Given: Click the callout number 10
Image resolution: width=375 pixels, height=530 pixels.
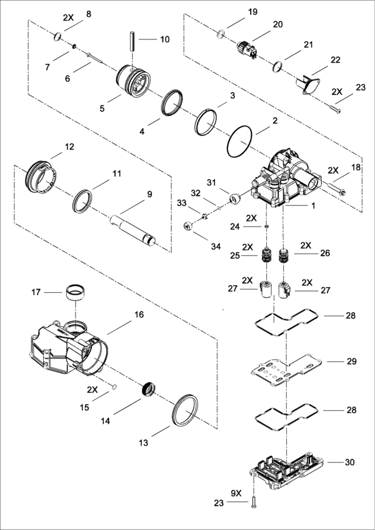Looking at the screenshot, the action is coord(165,39).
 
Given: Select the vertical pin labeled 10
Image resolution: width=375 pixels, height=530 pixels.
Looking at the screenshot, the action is coord(132,41).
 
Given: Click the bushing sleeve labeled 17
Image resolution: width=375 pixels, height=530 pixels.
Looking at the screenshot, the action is coord(75,293).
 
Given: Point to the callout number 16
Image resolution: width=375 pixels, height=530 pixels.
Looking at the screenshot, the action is coord(139,315).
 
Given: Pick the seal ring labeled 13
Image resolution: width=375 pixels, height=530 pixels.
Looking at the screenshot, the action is coord(185,410).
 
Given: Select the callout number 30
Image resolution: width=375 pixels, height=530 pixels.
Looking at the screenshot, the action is coord(349,462).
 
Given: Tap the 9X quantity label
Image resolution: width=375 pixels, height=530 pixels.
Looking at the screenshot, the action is coord(236,493).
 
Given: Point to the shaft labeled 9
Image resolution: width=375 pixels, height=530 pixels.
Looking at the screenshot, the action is coord(132,230).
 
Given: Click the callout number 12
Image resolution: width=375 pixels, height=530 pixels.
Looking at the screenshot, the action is coord(69,147).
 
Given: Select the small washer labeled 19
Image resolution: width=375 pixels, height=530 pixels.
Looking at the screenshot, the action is coord(221,33).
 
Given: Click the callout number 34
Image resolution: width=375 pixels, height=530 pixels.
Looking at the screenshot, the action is coord(216,247).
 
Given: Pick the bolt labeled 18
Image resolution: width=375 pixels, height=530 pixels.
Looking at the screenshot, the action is coord(336,189).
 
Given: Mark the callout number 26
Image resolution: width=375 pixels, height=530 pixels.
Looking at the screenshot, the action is coord(325,253).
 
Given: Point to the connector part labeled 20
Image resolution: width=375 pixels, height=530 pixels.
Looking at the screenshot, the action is coord(247,49).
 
